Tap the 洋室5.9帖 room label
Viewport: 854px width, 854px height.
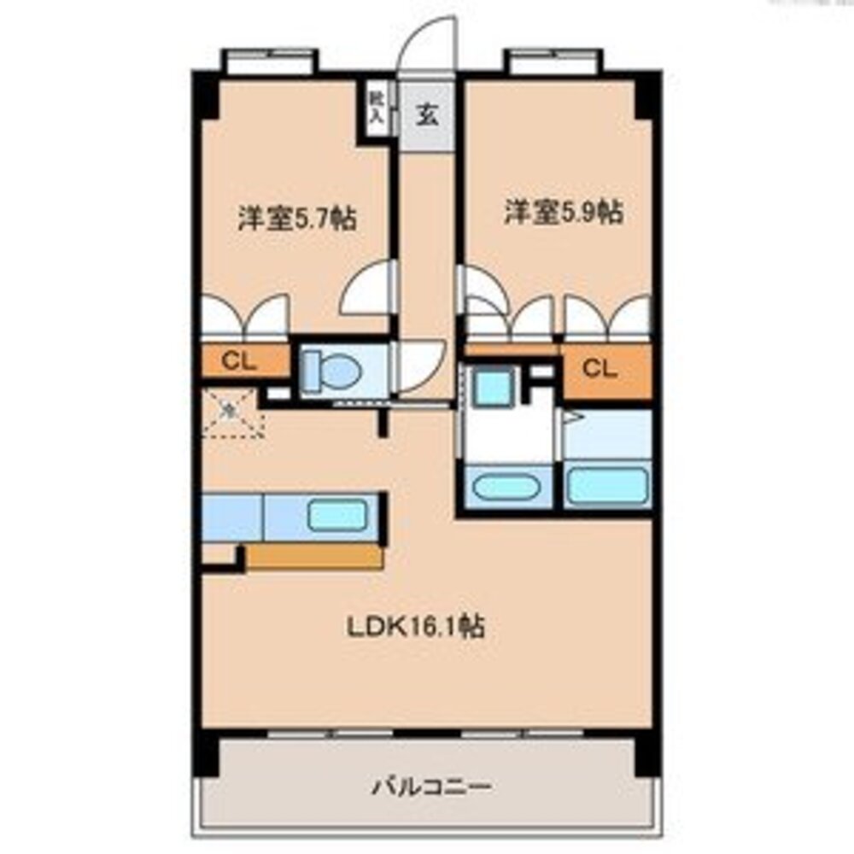[562, 212]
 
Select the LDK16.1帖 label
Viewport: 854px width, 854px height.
[415, 628]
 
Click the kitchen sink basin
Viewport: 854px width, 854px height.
[336, 516]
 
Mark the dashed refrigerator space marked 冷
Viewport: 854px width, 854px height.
[231, 412]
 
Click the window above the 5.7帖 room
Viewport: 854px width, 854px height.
[270, 61]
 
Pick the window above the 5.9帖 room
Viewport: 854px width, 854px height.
[554, 61]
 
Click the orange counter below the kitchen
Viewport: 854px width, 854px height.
[314, 557]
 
